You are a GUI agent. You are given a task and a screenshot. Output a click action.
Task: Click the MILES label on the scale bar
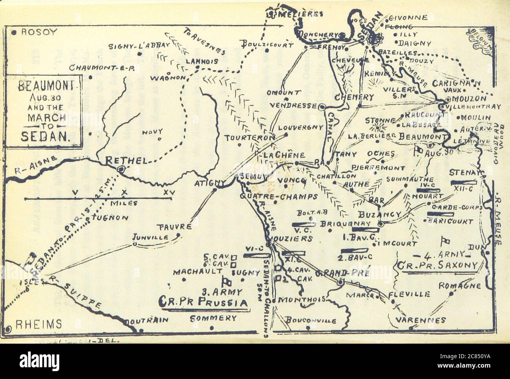pyautogui.click(x=124, y=203)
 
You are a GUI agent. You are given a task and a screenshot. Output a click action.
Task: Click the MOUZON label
pyautogui.click(x=466, y=98)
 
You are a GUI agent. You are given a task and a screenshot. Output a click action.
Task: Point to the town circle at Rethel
pyautogui.click(x=121, y=169)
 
